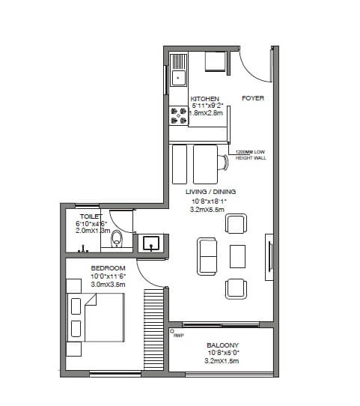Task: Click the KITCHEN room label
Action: click(204, 99)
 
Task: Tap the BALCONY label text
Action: click(223, 345)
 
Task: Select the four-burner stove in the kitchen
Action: click(179, 115)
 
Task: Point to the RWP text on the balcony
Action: click(178, 335)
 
